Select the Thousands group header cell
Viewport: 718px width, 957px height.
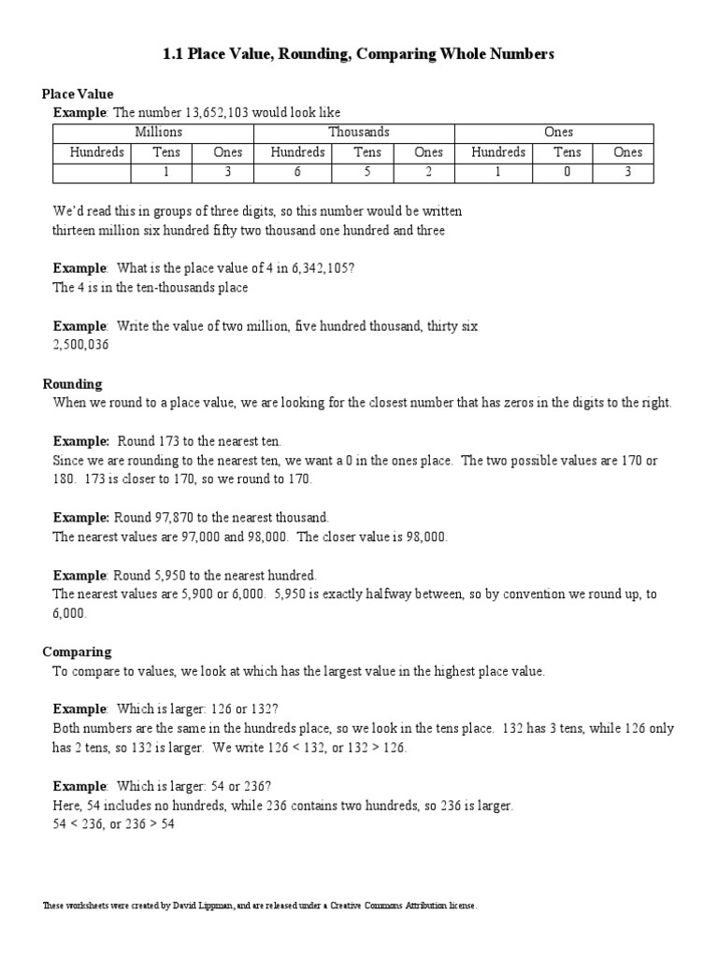pyautogui.click(x=359, y=133)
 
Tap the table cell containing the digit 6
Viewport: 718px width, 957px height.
pyautogui.click(x=297, y=173)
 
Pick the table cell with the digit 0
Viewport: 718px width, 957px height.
pyautogui.click(x=567, y=173)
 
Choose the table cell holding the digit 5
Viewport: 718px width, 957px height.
pyautogui.click(x=367, y=173)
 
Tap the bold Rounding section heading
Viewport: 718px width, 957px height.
pyautogui.click(x=73, y=384)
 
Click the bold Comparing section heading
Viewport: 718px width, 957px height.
pyautogui.click(x=77, y=651)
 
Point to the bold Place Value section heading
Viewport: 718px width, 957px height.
pyautogui.click(x=78, y=93)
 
